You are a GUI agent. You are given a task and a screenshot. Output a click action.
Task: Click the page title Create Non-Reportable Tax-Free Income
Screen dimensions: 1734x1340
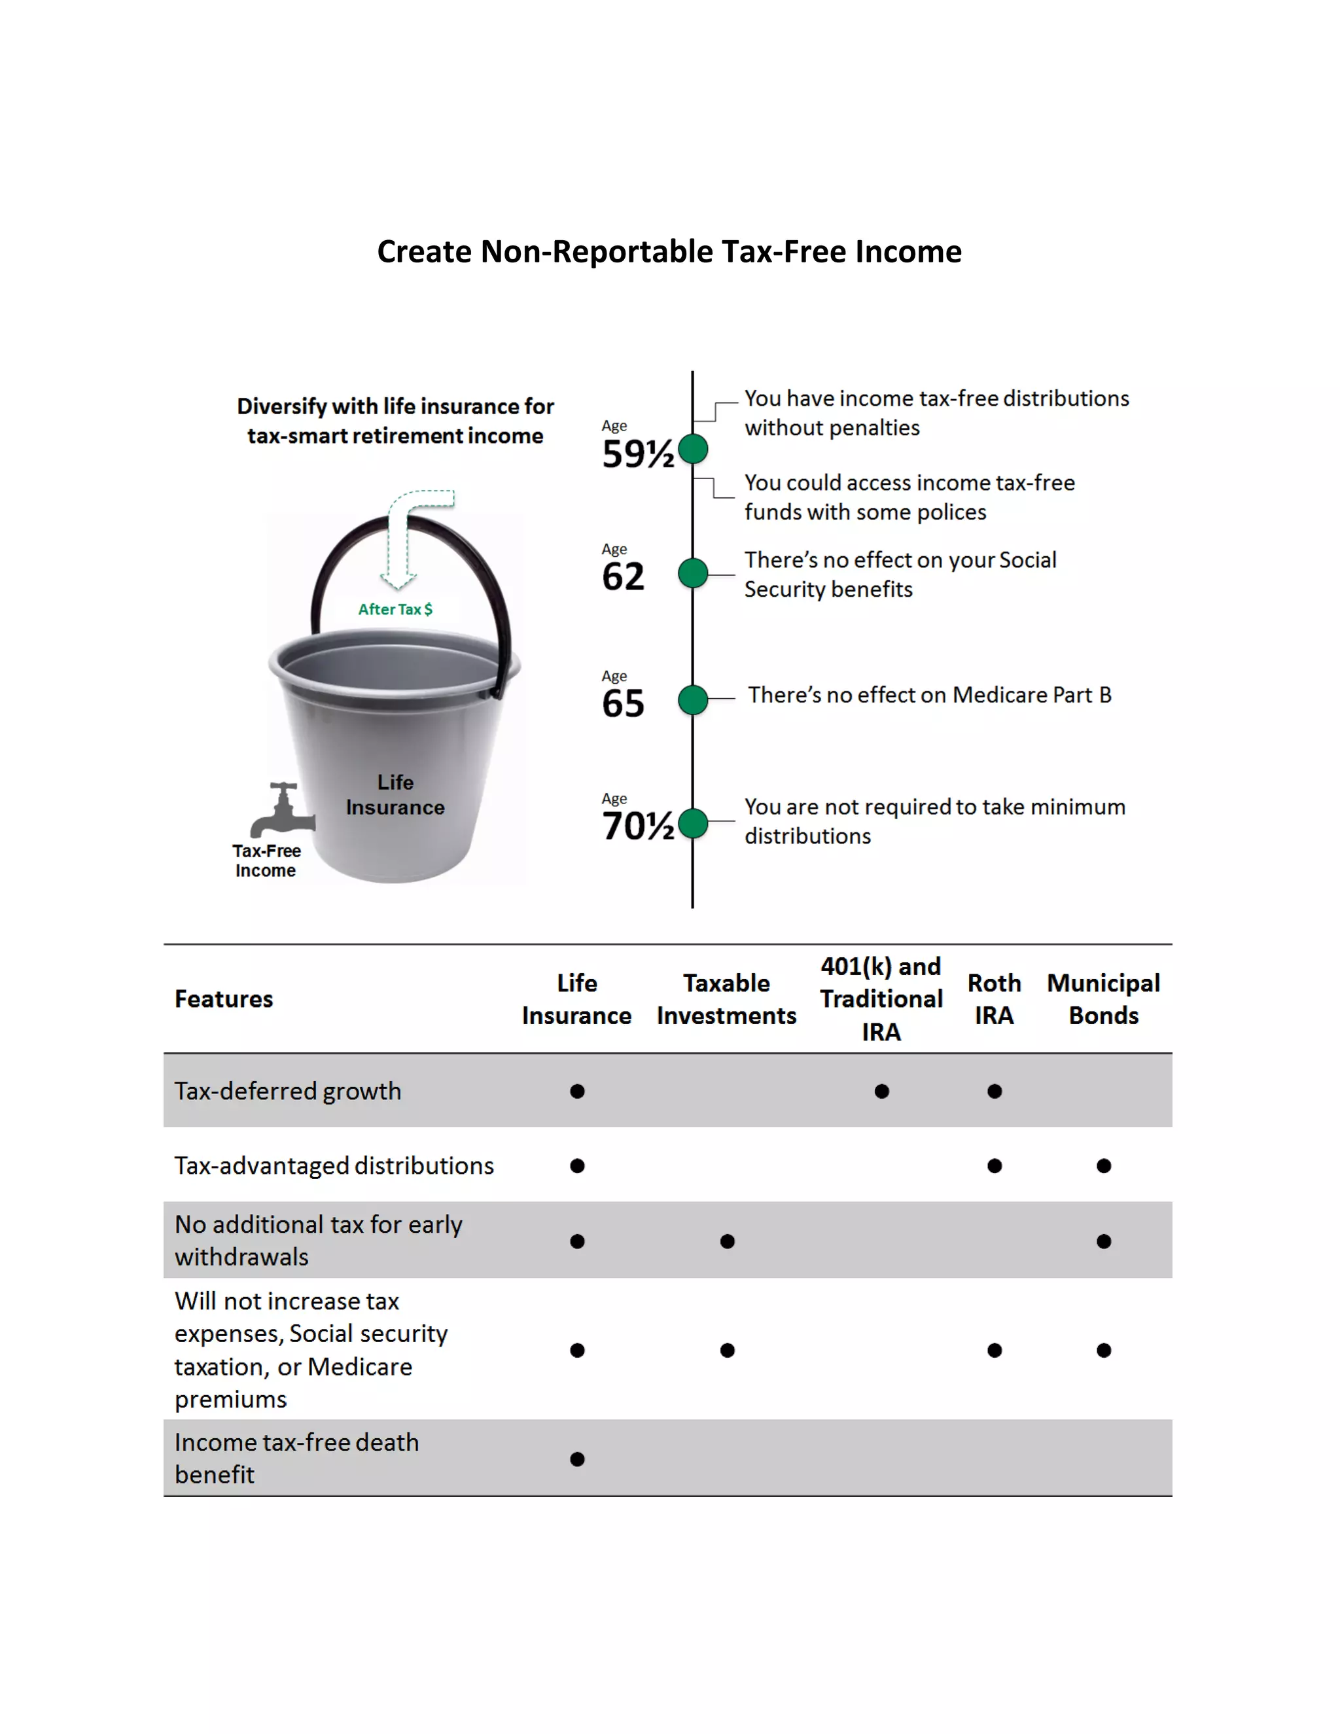click(669, 252)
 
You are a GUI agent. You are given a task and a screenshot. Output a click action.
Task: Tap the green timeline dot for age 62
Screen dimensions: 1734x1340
click(693, 573)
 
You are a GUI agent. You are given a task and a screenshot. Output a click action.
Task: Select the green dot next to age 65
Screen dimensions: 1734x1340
click(693, 699)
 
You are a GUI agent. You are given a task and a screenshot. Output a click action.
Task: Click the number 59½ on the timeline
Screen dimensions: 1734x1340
click(637, 454)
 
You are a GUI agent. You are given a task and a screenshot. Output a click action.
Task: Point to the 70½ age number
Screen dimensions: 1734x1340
click(637, 826)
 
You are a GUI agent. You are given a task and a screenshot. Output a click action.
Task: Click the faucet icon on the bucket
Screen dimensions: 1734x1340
click(282, 810)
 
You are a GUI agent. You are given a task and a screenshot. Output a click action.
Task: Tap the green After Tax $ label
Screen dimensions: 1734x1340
click(395, 609)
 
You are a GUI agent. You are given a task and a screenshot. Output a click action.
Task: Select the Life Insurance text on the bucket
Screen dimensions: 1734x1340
click(395, 795)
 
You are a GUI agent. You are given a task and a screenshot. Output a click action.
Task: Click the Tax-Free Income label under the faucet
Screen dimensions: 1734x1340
click(266, 860)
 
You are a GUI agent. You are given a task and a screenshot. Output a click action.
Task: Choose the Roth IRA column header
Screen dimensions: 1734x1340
click(994, 999)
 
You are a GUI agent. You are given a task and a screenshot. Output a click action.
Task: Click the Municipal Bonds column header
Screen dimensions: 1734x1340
click(1103, 999)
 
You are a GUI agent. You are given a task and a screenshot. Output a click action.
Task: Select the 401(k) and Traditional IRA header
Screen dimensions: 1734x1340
click(881, 999)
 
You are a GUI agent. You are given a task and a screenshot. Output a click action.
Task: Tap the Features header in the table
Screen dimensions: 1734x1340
click(224, 999)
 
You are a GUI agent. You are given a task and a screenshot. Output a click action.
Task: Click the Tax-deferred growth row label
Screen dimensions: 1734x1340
click(288, 1091)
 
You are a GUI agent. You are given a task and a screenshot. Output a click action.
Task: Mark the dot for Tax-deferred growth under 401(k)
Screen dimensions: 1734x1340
click(881, 1091)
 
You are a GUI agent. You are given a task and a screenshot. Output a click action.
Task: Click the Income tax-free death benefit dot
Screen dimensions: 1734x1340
click(577, 1459)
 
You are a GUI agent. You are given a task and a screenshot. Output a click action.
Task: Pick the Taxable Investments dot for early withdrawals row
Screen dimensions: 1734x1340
click(727, 1241)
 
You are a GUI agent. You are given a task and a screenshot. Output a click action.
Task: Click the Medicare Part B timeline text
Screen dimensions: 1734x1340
click(929, 695)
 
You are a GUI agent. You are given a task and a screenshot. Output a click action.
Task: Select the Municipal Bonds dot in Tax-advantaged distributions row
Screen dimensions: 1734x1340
click(1103, 1165)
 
